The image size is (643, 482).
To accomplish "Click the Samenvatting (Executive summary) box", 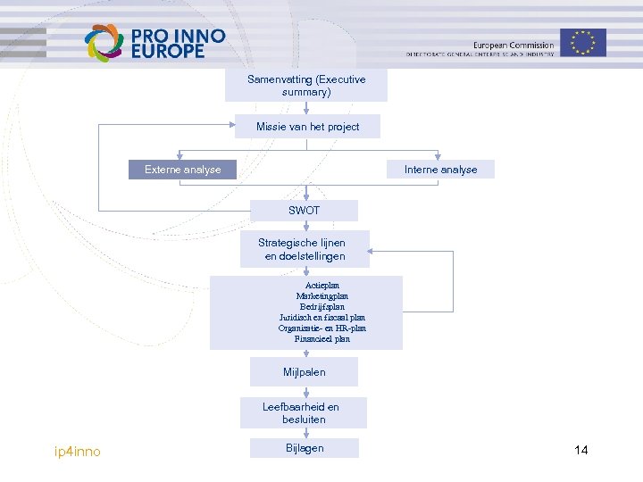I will (x=306, y=86).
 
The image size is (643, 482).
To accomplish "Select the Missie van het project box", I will (x=306, y=127).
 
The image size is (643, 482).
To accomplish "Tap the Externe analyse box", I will (x=183, y=170).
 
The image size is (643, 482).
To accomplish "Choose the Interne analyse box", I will (x=440, y=170).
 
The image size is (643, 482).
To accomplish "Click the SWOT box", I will (x=305, y=211).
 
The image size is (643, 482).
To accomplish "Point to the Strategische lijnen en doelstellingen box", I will (x=305, y=249).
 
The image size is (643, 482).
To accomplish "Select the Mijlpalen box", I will (x=305, y=371).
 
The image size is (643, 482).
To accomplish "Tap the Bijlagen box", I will (x=305, y=448).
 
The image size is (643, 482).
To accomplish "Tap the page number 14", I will (x=581, y=450).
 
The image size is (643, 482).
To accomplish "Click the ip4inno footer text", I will (x=78, y=452).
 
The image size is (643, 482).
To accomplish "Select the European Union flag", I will (x=584, y=42).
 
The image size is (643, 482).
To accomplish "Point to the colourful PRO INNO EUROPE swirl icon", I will (x=104, y=43).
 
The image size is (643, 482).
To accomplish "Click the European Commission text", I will (x=513, y=46).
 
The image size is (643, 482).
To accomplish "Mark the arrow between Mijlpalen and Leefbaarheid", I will (x=306, y=392).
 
